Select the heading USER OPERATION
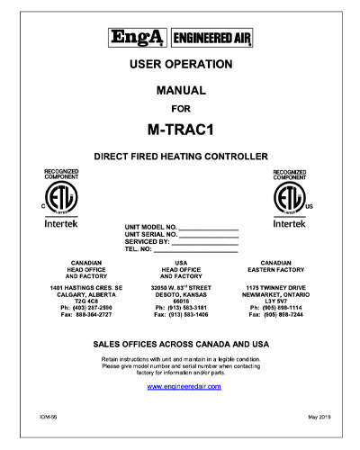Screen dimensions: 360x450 tap(181, 65)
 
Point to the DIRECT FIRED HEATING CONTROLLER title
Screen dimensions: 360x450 tap(181, 156)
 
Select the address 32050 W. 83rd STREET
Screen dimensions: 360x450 tap(181, 286)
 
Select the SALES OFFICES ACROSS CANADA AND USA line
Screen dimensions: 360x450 tap(181, 345)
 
